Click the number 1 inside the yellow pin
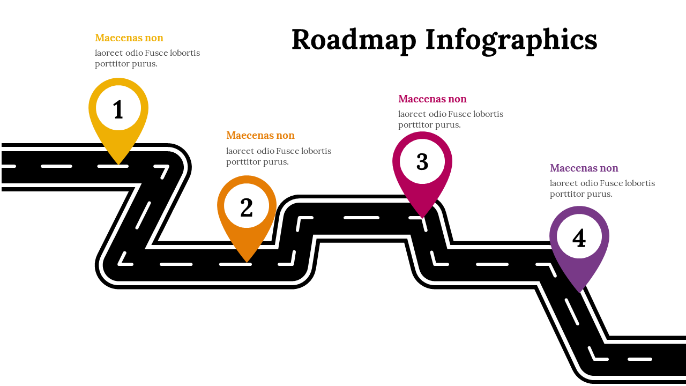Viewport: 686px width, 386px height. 118,110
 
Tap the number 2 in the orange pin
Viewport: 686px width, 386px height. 247,208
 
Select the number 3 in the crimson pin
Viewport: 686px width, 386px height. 422,162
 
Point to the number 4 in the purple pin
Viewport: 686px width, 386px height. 579,239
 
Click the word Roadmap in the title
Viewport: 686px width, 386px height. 354,40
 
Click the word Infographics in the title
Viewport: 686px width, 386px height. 511,40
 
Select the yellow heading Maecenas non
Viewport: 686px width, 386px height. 129,38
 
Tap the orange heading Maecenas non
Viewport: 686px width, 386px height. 260,136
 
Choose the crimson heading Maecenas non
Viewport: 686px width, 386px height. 433,99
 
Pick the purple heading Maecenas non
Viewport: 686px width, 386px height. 584,168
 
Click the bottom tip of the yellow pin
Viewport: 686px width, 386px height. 118,163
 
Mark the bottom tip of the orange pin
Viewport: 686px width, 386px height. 247,261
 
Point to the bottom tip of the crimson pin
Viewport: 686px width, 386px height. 422,217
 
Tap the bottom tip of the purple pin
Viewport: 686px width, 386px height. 579,291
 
